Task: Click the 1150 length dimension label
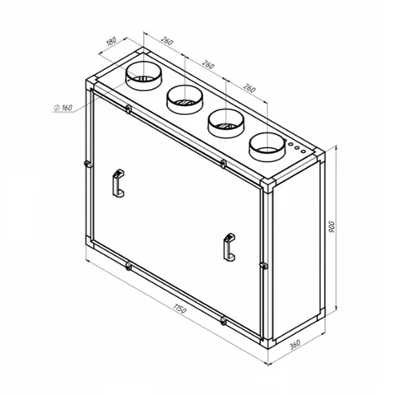point(179,309)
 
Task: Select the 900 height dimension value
point(332,227)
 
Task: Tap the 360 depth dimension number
point(295,345)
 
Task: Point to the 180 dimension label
point(111,41)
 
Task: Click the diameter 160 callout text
point(63,108)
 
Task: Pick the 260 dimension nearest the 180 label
point(167,41)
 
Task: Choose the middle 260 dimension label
point(208,65)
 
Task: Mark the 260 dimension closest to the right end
point(249,88)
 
